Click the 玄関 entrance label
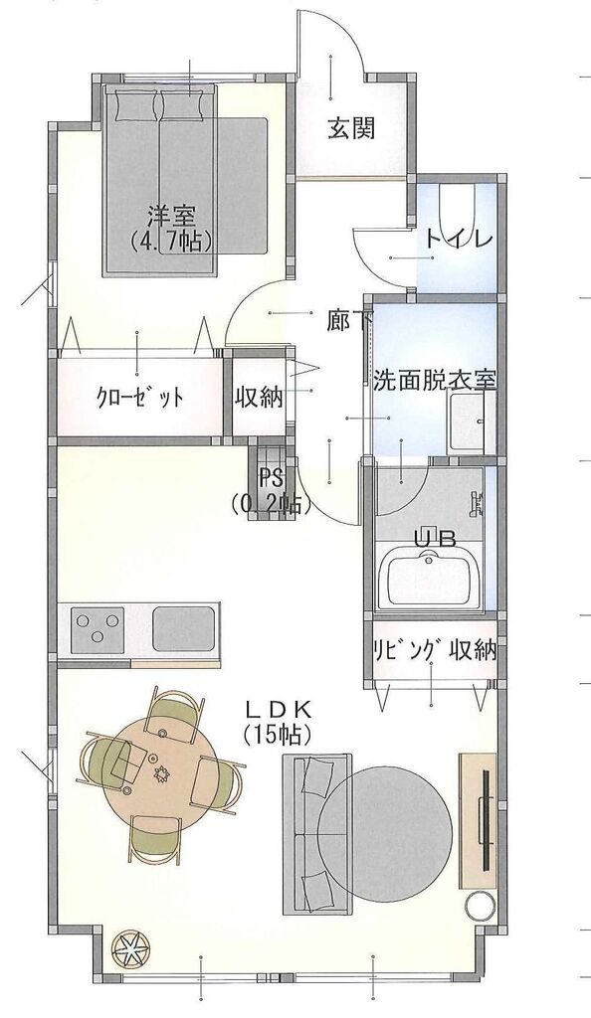(350, 128)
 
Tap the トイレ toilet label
(459, 240)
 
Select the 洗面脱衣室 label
(435, 380)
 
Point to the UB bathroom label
(435, 538)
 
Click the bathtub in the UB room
(429, 579)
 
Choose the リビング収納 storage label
(435, 650)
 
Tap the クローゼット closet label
(139, 396)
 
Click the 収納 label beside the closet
(259, 397)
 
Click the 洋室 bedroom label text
(171, 215)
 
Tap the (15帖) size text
(278, 734)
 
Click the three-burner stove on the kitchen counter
(98, 629)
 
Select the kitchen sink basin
(184, 629)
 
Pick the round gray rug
(384, 823)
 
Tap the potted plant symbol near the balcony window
(129, 951)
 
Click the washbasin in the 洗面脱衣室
(471, 422)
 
